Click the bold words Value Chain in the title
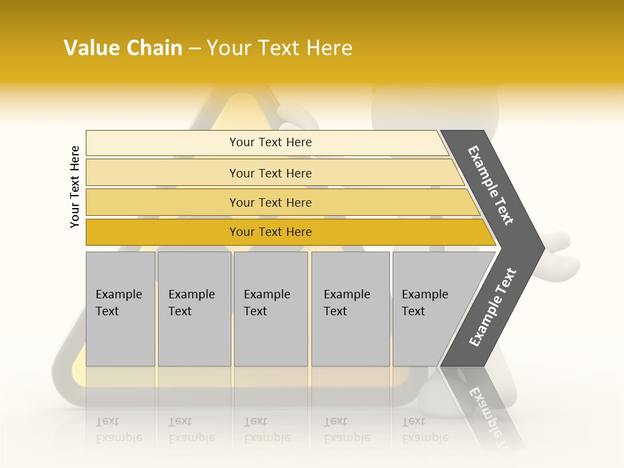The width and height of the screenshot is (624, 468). click(123, 48)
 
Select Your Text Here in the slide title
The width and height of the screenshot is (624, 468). click(279, 48)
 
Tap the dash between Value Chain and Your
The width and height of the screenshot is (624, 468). click(194, 49)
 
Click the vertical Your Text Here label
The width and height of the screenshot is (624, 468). click(75, 187)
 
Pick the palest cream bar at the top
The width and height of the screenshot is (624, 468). click(270, 142)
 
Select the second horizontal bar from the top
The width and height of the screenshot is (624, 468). click(270, 173)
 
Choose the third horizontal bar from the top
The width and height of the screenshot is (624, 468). click(270, 202)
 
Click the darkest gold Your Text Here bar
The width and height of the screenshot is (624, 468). click(270, 232)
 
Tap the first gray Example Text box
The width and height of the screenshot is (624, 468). click(120, 309)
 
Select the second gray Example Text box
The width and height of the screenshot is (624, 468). click(194, 309)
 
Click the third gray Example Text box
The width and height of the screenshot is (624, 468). click(270, 309)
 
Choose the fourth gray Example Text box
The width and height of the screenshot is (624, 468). click(350, 309)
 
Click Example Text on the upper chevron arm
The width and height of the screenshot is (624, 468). click(491, 185)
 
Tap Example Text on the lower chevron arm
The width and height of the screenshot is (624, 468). click(492, 307)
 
